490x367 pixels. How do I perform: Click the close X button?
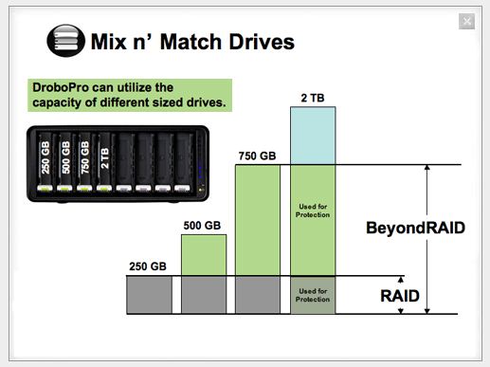(x=466, y=22)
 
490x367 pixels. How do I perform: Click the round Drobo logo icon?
(x=66, y=41)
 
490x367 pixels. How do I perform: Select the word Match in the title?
(x=191, y=42)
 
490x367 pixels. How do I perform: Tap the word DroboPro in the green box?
(x=61, y=87)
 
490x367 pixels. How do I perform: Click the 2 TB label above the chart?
(x=313, y=98)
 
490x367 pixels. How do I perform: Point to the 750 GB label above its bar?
(x=257, y=156)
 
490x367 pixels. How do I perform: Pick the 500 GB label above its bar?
(x=202, y=226)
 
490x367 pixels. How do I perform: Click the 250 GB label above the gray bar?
(x=148, y=266)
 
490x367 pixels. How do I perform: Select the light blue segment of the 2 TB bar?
(x=313, y=136)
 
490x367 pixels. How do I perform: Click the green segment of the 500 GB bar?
(x=204, y=255)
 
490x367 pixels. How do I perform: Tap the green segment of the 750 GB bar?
(x=258, y=220)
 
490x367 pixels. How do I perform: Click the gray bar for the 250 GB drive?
(x=150, y=295)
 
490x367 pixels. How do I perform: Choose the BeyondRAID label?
(x=415, y=228)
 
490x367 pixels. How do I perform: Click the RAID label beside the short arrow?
(x=400, y=296)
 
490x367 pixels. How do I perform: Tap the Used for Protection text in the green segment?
(x=313, y=211)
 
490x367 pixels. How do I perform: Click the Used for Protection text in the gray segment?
(x=313, y=295)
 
